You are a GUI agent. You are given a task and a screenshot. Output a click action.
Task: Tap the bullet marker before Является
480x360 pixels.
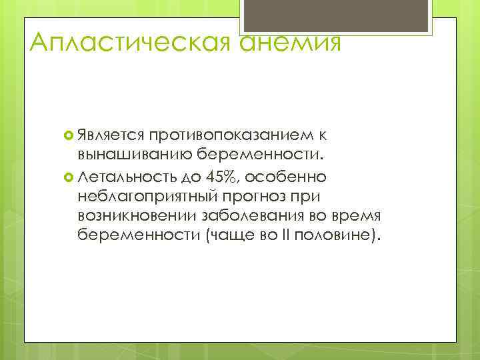[69, 137]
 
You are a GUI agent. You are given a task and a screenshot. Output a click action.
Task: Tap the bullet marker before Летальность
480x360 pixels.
[69, 177]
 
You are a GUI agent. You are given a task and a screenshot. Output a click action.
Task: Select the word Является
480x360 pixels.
[111, 136]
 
